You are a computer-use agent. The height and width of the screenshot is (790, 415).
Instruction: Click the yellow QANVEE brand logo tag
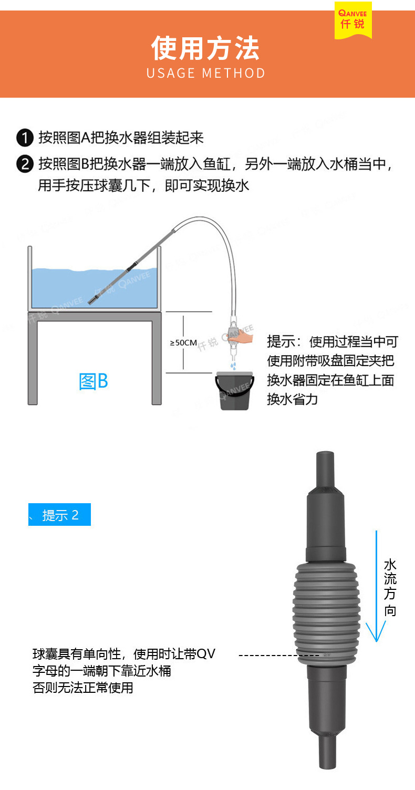[352, 20]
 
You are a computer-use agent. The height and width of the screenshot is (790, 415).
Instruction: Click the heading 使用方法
[205, 49]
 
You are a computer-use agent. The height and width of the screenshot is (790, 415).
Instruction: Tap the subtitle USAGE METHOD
[206, 73]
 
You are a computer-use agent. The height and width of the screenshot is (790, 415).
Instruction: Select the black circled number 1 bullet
[25, 138]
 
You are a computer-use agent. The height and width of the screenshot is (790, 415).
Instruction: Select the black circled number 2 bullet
[25, 164]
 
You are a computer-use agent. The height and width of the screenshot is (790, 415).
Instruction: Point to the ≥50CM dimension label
[183, 343]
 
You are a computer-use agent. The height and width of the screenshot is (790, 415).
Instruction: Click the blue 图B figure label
[94, 381]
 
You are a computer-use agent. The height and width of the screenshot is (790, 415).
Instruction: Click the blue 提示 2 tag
[60, 515]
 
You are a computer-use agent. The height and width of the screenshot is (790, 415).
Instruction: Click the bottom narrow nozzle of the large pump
[327, 751]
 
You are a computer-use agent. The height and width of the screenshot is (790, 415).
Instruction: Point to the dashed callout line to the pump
[278, 656]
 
